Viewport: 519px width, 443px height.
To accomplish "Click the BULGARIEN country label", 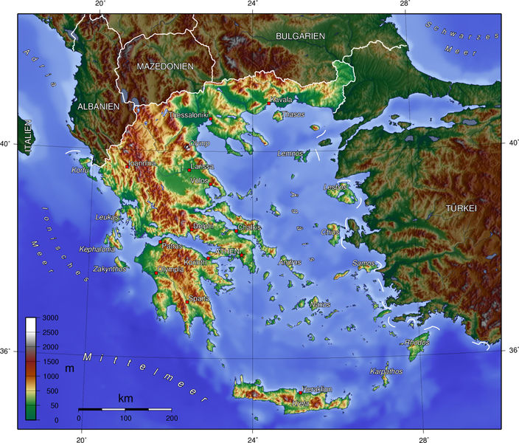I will [300, 36].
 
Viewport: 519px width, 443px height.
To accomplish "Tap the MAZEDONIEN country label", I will [165, 66].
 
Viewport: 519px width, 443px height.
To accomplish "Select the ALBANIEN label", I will [98, 107].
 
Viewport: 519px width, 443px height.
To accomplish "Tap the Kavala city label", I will [282, 100].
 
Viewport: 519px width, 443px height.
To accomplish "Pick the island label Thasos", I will [293, 114].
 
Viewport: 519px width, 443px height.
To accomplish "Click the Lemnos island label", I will [290, 154].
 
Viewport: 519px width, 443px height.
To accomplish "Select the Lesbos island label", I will [335, 188].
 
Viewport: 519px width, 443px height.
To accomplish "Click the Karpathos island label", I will [387, 371].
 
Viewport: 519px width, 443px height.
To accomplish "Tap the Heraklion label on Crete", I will [316, 389].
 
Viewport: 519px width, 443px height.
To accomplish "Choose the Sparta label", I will [199, 299].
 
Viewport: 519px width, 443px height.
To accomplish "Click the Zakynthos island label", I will [110, 269].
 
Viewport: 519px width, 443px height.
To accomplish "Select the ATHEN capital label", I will [226, 253].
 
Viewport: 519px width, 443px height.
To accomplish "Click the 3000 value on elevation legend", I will [50, 317].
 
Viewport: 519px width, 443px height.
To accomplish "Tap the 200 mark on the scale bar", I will [171, 419].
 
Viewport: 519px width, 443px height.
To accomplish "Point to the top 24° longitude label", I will [253, 4].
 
